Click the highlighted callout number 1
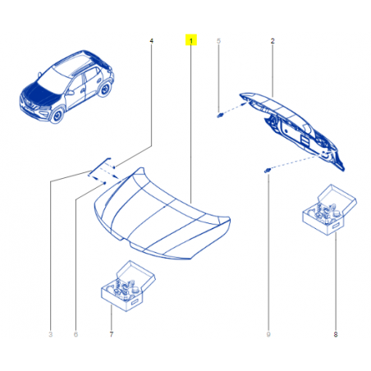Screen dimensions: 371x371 coord(191,40)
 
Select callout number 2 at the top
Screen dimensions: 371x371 coord(273,41)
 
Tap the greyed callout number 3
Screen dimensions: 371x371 coord(50,334)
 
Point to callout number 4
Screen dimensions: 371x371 coord(152,41)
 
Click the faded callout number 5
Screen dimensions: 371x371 coord(218,41)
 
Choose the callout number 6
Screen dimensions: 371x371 coord(76,334)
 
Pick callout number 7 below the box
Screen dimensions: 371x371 coord(112,334)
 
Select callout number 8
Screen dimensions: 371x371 coord(336,334)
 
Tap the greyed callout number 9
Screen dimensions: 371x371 coord(268,334)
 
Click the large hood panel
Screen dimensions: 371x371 coord(162,216)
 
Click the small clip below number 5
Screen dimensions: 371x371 coord(220,116)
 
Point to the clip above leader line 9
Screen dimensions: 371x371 coord(268,171)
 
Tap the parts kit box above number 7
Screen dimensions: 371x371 coord(128,286)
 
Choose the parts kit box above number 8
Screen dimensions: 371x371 coord(329,210)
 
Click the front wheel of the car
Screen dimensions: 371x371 coord(57,115)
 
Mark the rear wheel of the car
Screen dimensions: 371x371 coord(105,89)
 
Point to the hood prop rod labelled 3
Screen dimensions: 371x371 coord(99,166)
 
